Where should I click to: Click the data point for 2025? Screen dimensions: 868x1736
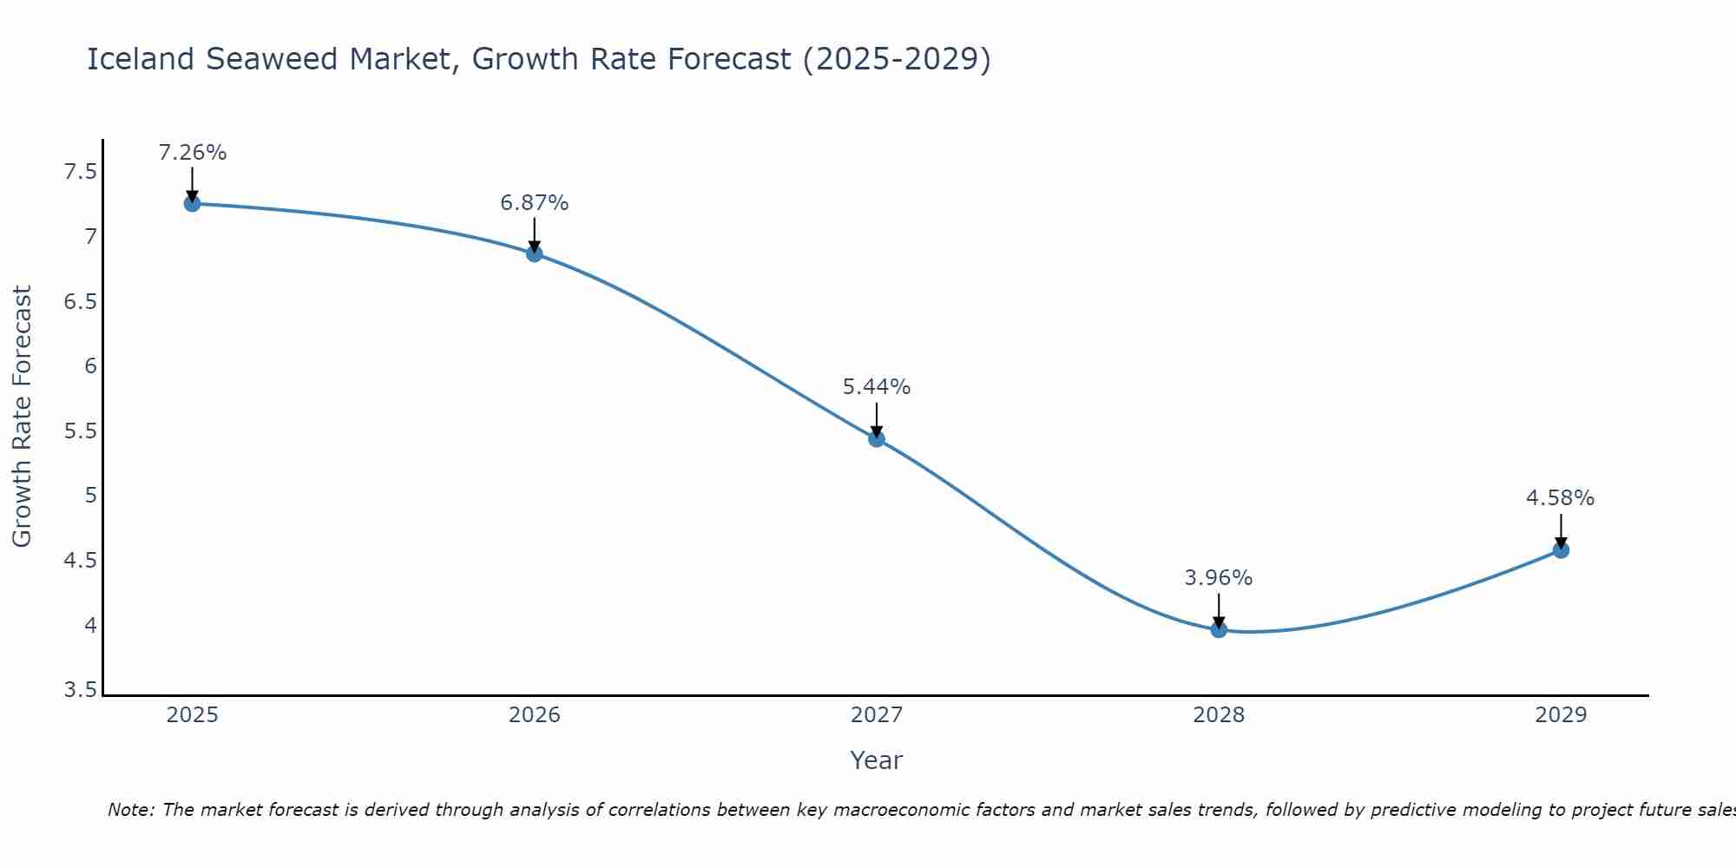pyautogui.click(x=192, y=204)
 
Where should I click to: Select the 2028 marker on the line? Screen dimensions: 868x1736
pyautogui.click(x=1219, y=629)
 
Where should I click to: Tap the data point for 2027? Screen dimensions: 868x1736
pyautogui.click(x=877, y=438)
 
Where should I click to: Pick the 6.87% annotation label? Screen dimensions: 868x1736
pyautogui.click(x=534, y=203)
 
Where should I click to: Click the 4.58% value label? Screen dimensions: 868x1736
pyautogui.click(x=1560, y=498)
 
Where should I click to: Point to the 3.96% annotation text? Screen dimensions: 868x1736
pyautogui.click(x=1218, y=578)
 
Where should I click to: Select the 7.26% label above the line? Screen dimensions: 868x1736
pyautogui.click(x=192, y=153)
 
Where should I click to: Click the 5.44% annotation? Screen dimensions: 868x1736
pyautogui.click(x=877, y=387)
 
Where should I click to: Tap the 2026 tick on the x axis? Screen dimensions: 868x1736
pyautogui.click(x=534, y=715)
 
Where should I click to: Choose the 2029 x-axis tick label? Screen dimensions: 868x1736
pyautogui.click(x=1560, y=715)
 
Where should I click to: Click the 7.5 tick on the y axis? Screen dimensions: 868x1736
pyautogui.click(x=80, y=172)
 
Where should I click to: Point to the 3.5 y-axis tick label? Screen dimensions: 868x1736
pyautogui.click(x=80, y=690)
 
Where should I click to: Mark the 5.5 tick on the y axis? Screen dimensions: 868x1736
pyautogui.click(x=80, y=431)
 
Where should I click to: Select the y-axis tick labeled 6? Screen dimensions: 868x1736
pyautogui.click(x=90, y=366)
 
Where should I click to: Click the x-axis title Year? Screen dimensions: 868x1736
pyautogui.click(x=876, y=760)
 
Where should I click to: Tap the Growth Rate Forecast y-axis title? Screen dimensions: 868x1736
pyautogui.click(x=22, y=417)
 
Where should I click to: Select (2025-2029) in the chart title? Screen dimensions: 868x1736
pyautogui.click(x=897, y=59)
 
